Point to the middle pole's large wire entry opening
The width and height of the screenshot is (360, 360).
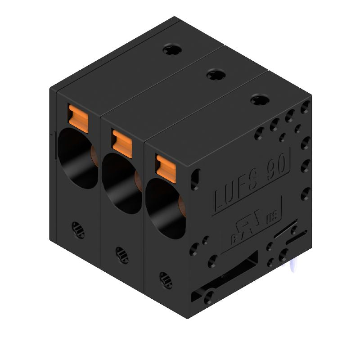pos(119,182)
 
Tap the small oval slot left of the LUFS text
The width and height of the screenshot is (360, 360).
pos(195,179)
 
